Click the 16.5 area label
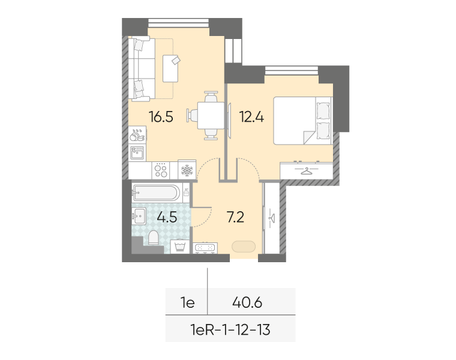pos(161,117)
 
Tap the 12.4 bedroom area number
pos(251,117)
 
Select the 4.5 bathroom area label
pos(167,217)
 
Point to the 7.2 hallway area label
pos(235,217)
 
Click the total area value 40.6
pos(247,303)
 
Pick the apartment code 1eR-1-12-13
pos(230,330)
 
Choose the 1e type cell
pos(188,303)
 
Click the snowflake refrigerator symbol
pos(187,170)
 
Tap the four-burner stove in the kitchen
pos(161,170)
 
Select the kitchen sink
pos(137,152)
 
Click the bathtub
pos(155,193)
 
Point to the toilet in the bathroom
pos(153,238)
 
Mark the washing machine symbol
pos(180,247)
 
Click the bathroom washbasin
pos(139,216)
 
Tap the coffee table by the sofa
pos(170,68)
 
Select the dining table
pos(211,115)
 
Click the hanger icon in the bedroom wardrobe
pos(306,171)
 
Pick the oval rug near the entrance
pos(244,247)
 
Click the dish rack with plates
pos(137,134)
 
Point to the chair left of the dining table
pos(192,115)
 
